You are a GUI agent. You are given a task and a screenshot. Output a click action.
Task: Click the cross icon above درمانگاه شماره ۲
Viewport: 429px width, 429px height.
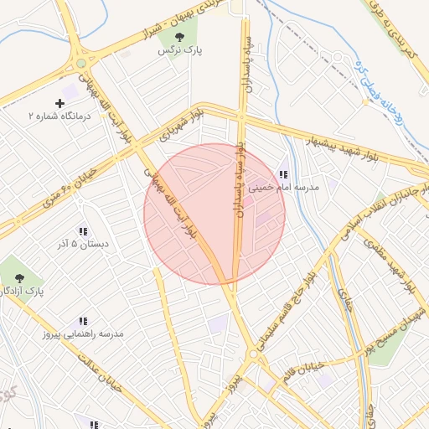click(59, 101)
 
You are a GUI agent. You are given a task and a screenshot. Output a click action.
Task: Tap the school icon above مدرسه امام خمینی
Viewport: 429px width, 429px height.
click(283, 174)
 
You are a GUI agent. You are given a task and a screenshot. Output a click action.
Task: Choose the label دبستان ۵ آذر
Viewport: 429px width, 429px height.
click(83, 245)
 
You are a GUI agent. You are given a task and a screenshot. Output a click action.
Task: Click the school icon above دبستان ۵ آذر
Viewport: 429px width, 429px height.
click(82, 230)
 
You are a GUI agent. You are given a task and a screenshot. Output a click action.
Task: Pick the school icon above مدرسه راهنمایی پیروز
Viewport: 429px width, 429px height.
click(82, 320)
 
